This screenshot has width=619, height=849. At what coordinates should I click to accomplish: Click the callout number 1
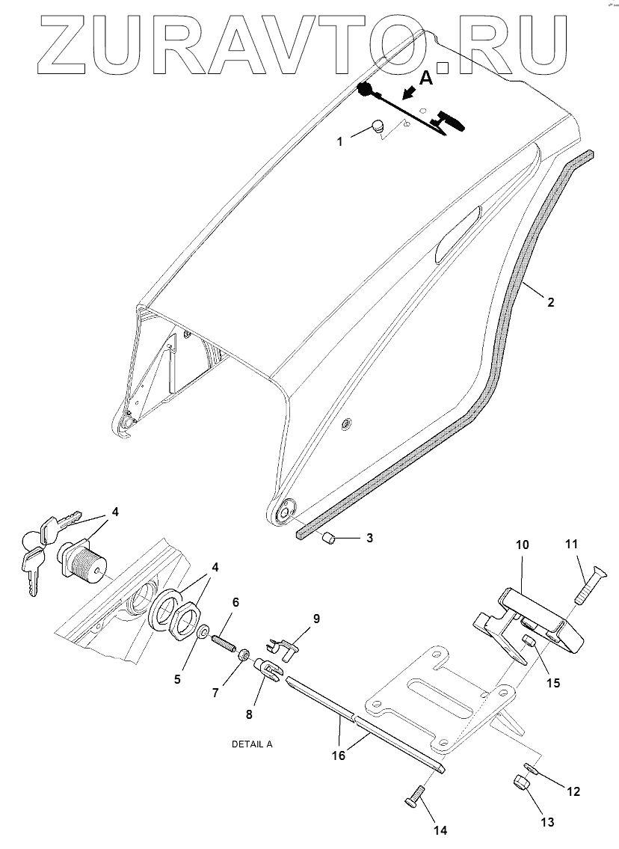(340, 141)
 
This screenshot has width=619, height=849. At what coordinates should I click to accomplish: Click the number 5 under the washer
(177, 680)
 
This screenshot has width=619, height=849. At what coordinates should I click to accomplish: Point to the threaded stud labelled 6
(224, 643)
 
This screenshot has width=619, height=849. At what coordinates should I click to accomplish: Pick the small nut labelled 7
(244, 656)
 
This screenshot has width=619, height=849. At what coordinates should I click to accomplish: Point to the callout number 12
(573, 791)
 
